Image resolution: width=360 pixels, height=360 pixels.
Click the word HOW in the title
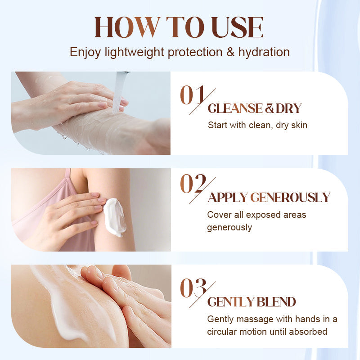127,27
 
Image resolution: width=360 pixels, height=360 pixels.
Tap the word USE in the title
238,27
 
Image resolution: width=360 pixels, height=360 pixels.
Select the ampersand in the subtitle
230,52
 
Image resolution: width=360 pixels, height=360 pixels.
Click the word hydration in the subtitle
264,52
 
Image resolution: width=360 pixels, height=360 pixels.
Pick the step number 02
193,184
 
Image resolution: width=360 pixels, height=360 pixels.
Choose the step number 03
193,288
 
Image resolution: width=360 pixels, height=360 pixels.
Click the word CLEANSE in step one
235,108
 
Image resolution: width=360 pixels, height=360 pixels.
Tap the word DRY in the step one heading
288,108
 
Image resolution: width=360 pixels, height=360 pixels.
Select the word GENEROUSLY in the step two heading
290,198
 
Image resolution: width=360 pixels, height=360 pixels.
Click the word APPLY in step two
227,198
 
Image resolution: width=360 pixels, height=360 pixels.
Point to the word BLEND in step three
276,302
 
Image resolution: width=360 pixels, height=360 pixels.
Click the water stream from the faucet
118,92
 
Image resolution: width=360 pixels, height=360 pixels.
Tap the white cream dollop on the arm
115,217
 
